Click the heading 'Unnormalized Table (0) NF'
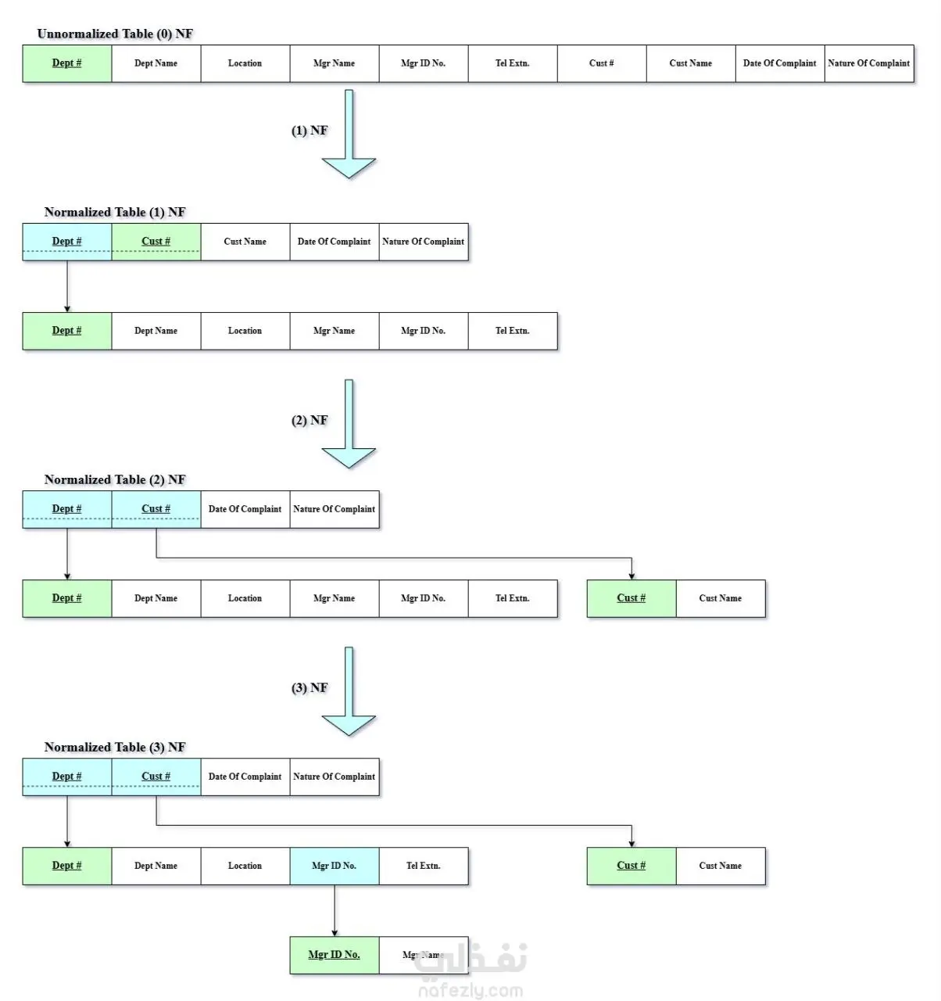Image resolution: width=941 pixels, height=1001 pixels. [115, 34]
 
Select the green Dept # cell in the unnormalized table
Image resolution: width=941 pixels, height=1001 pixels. [67, 63]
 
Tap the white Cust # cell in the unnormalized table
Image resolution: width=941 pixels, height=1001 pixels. [602, 63]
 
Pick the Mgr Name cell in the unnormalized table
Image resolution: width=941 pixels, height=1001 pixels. [334, 63]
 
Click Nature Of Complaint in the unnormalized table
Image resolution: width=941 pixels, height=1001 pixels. [869, 63]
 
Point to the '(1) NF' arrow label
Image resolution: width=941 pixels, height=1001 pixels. [309, 131]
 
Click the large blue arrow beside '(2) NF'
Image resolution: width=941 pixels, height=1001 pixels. [349, 424]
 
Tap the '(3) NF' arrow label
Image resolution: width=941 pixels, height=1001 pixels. [309, 688]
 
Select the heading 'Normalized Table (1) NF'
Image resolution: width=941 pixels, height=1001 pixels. [115, 212]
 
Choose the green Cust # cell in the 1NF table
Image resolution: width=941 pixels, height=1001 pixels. [156, 242]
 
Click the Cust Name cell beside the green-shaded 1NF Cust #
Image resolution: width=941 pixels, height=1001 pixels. [245, 242]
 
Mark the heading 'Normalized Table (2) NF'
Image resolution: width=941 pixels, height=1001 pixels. [115, 480]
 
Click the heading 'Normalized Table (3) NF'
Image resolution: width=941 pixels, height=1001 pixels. [115, 748]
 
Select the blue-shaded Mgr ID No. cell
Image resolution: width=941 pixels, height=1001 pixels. [335, 866]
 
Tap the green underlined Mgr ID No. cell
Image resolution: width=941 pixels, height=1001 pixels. [335, 955]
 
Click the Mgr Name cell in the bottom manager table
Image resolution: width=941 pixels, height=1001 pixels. [424, 955]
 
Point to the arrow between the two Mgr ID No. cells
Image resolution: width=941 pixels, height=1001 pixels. [335, 911]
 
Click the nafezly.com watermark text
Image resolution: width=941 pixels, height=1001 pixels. [470, 990]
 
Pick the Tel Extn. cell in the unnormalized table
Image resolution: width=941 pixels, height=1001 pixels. [513, 63]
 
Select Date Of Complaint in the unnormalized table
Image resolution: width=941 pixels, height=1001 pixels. [780, 63]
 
